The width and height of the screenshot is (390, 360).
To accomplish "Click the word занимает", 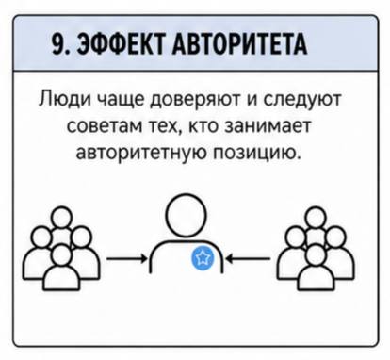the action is (x=268, y=126).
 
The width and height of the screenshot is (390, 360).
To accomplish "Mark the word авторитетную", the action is (x=142, y=153).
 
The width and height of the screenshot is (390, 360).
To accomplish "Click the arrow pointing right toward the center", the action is (x=125, y=259).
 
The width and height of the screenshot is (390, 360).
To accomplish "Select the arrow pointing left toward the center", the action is (x=250, y=259).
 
